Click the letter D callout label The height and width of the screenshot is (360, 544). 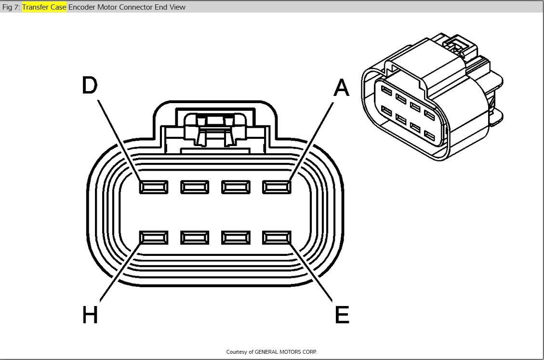90,86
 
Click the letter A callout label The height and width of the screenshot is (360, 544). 341,88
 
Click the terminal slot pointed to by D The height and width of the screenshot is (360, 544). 154,187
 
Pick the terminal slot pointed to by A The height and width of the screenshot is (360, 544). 277,187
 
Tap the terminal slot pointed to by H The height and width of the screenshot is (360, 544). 154,238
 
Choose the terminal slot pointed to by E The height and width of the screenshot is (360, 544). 277,238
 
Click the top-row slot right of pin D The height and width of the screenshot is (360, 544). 195,187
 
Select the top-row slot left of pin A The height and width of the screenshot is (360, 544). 236,187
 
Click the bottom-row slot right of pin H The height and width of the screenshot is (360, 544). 195,238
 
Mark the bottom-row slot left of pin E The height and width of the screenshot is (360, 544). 236,238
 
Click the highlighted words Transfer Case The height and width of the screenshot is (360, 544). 44,7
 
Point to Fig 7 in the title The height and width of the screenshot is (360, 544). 11,7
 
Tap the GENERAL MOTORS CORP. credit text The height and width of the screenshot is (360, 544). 285,352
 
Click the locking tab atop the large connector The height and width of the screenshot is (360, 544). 215,128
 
